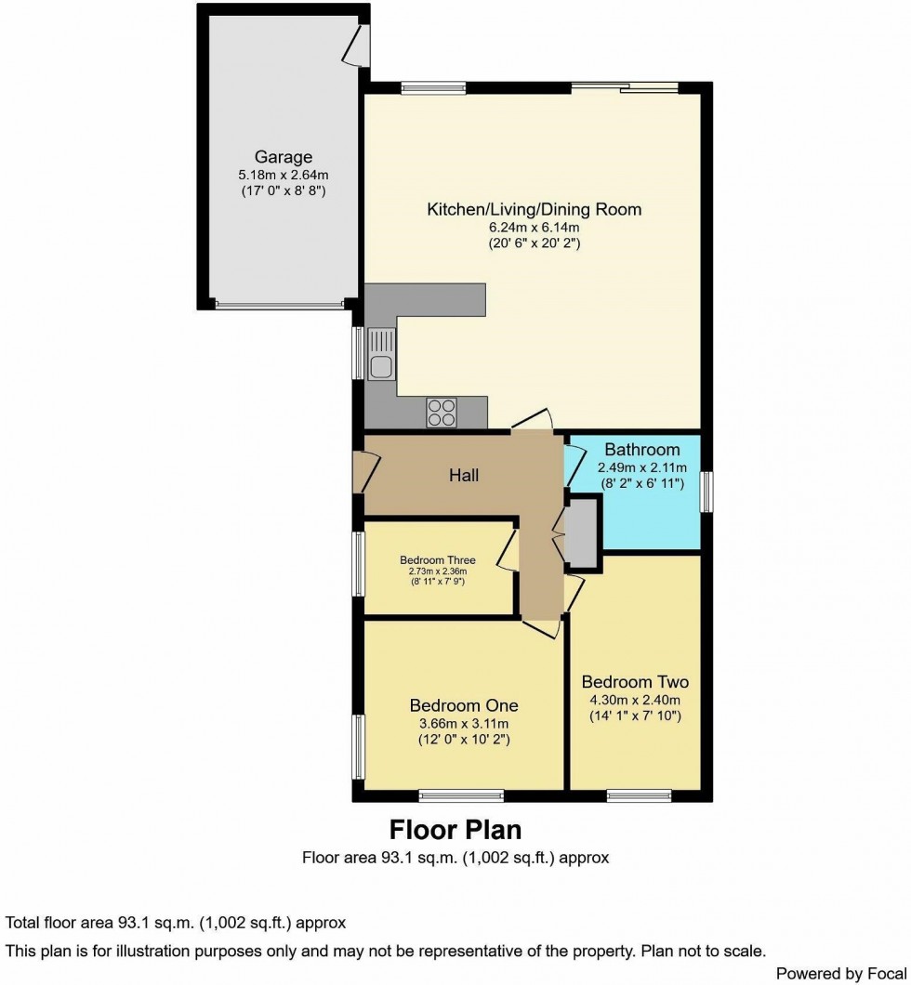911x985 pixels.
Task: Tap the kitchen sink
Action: pos(381,357)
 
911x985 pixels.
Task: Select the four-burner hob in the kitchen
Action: pos(442,411)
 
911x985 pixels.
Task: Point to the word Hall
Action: pos(464,476)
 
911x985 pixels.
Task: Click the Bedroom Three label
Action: pos(438,560)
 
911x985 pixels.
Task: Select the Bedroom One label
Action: pos(463,704)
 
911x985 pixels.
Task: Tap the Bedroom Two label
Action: pos(639,682)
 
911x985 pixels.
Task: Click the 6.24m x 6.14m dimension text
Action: pos(534,227)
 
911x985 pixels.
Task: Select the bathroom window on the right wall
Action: pos(706,492)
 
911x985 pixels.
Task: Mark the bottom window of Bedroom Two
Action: pos(639,795)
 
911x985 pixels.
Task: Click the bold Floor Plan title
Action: pos(455,828)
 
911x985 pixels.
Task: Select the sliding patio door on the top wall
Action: pos(624,88)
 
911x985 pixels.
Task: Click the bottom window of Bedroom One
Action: pos(461,795)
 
